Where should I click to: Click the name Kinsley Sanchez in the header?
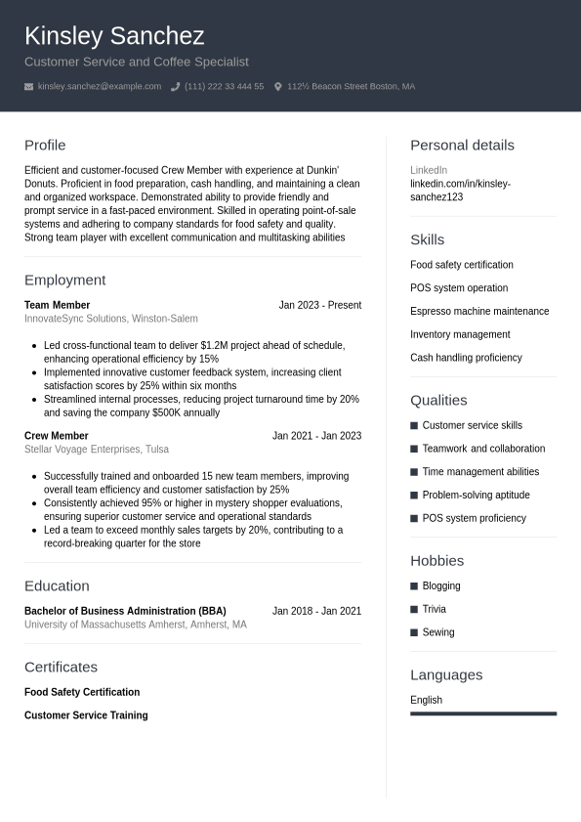(x=114, y=36)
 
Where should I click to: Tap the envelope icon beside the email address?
(x=29, y=87)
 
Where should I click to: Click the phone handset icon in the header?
(x=176, y=87)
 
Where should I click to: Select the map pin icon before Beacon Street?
(x=278, y=87)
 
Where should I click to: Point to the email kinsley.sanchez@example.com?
(x=100, y=87)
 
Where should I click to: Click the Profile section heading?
(x=45, y=146)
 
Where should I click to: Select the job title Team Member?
(x=57, y=305)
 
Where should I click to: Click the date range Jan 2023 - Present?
(x=319, y=305)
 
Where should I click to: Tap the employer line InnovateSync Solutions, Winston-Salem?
(x=110, y=319)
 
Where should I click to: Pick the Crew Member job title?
(x=56, y=436)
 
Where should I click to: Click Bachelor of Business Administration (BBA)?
(x=125, y=611)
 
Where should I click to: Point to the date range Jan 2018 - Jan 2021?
(x=316, y=611)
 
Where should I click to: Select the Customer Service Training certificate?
(x=86, y=715)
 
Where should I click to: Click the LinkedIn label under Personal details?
(x=429, y=170)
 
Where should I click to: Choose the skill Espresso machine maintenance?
(x=479, y=311)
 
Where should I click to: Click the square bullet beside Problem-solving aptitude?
(x=414, y=496)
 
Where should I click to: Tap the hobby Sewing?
(x=438, y=632)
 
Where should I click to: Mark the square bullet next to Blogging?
(x=414, y=586)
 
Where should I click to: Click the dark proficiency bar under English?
(x=483, y=714)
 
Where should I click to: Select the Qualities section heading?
(x=438, y=400)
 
